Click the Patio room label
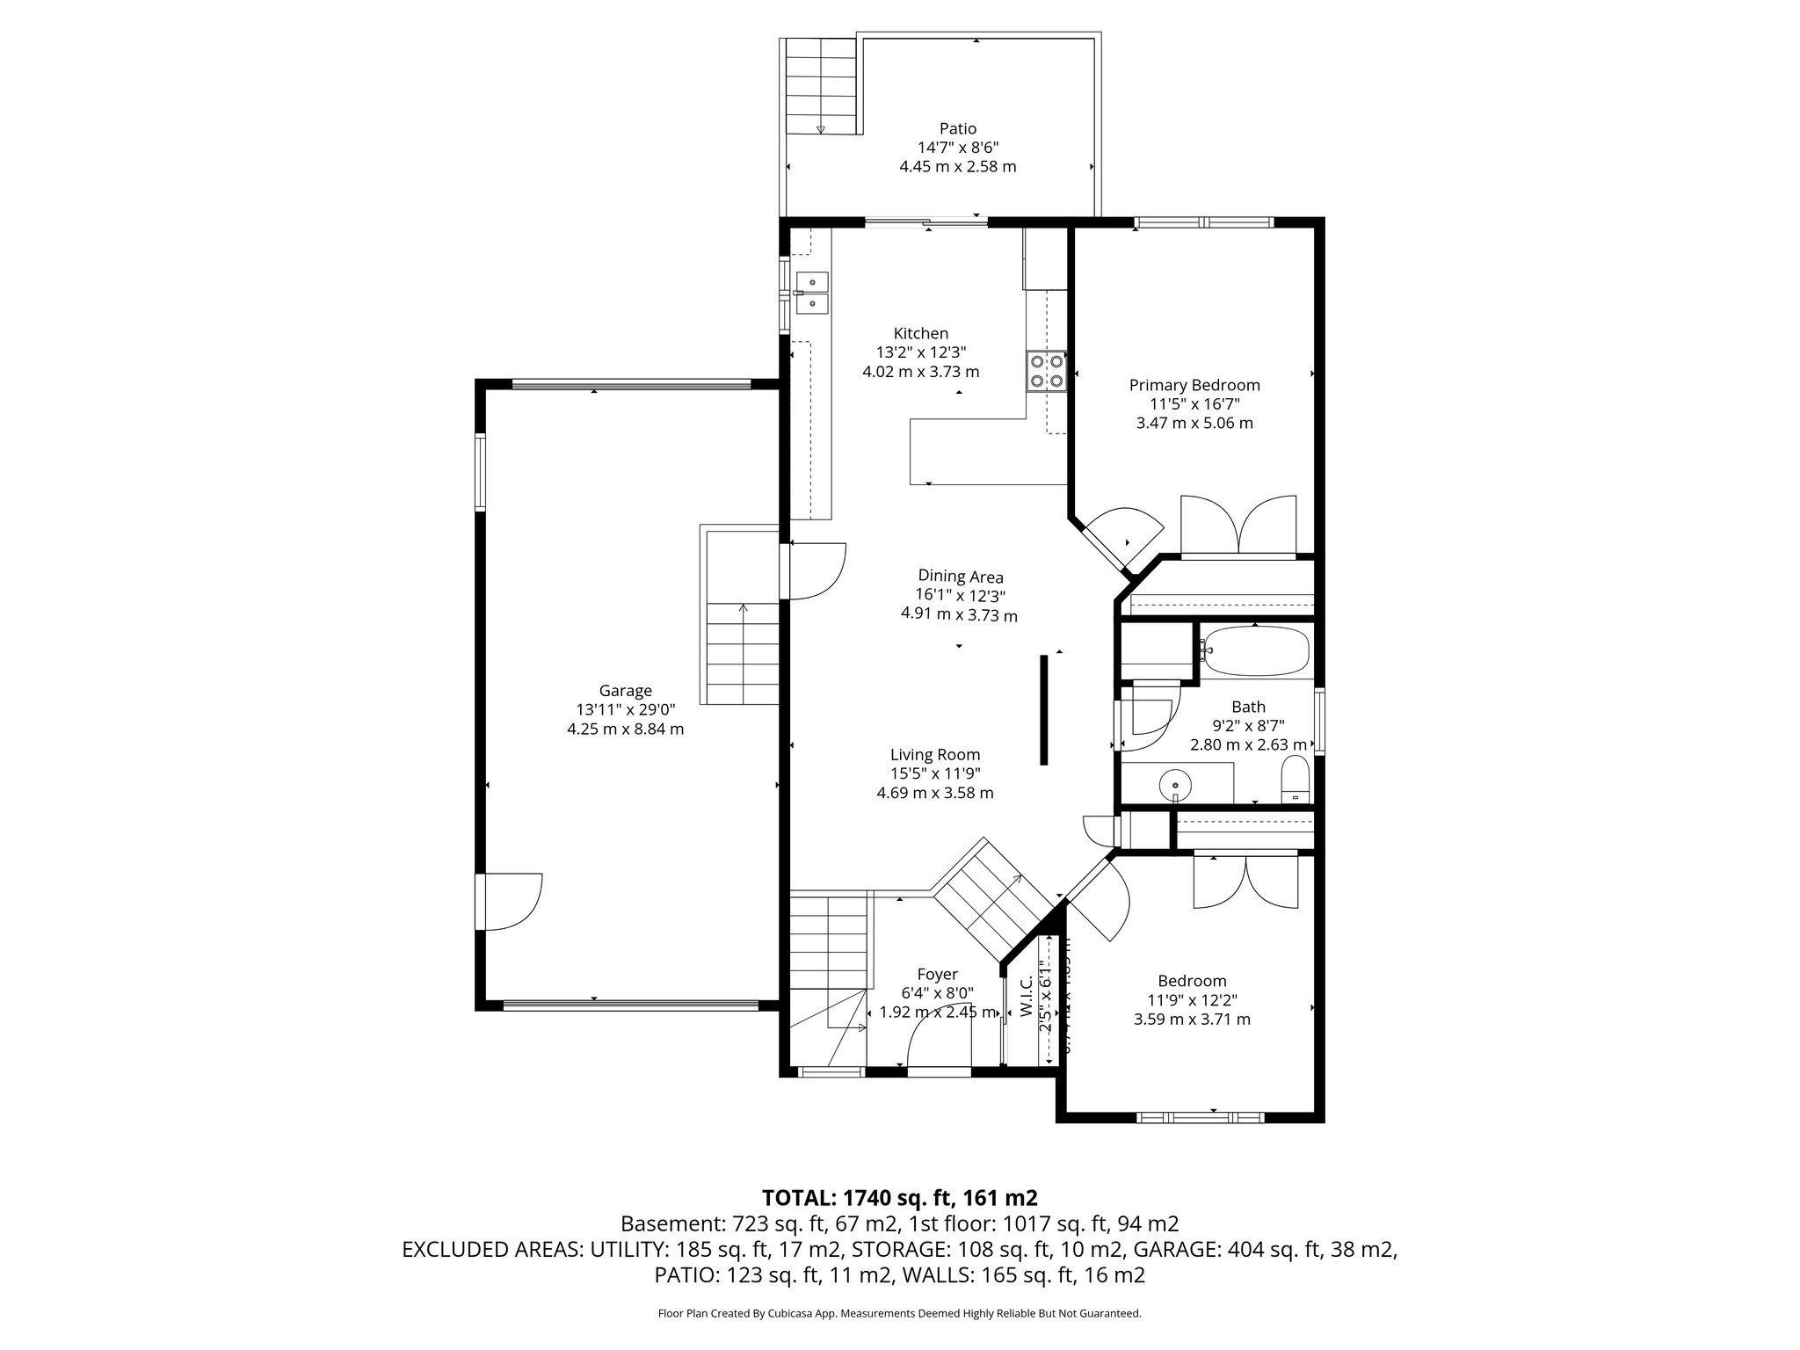pyautogui.click(x=957, y=129)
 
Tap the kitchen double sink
pyautogui.click(x=197, y=293)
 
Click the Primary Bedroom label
pyautogui.click(x=1194, y=385)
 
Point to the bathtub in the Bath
pyautogui.click(x=1256, y=651)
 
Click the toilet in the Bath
pyautogui.click(x=1295, y=780)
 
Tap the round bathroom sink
pyautogui.click(x=1174, y=783)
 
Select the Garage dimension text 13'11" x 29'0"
pyautogui.click(x=625, y=710)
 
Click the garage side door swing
pyautogui.click(x=512, y=901)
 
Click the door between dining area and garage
pyautogui.click(x=816, y=571)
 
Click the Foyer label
pyautogui.click(x=937, y=974)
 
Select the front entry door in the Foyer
pyautogui.click(x=939, y=1046)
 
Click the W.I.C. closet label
pyautogui.click(x=1026, y=998)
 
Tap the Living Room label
pyautogui.click(x=934, y=754)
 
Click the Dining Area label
pyautogui.click(x=960, y=577)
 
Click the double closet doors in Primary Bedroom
pyautogui.click(x=1238, y=526)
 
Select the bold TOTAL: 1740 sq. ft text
pyautogui.click(x=899, y=1197)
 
